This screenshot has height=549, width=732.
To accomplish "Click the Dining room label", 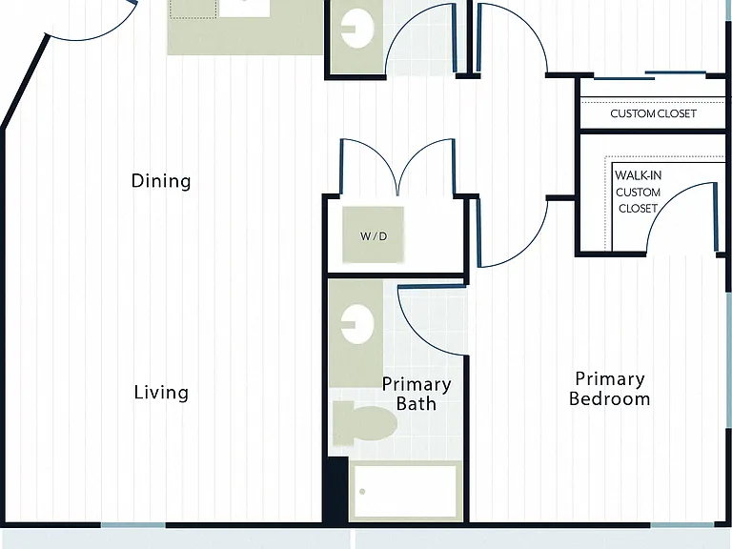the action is pos(161,181).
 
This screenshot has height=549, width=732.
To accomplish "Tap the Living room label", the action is pos(161,393).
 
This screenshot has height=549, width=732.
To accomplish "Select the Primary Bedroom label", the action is pos(610,389).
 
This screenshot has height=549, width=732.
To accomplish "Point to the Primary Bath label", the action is pos(417,394).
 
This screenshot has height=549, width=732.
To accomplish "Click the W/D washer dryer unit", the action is pos(373,234).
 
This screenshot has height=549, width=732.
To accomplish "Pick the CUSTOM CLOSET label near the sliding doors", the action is pos(653,113).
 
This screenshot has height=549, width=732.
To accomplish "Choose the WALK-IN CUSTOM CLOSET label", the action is pos(638,192).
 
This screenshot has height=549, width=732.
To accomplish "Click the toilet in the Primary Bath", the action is pos(365,423).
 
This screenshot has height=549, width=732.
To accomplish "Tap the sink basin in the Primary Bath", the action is pos(357,324).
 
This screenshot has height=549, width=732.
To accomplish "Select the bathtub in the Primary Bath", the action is pos(405,491).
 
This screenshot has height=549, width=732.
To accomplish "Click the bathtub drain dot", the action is pos(362,491).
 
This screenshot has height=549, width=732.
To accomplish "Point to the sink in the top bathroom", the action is pos(357,29).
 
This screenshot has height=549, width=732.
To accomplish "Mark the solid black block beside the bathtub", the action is pos(337,489).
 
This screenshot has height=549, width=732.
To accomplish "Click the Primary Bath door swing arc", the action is pos(419,336).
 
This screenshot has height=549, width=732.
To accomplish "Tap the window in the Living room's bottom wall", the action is pos(133,525).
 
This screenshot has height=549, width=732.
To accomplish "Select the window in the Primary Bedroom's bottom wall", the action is pos(682,525).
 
